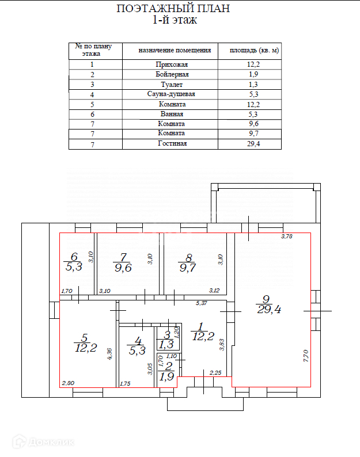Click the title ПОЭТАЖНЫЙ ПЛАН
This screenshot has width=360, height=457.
coord(173,9)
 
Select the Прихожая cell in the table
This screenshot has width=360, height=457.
coord(172,64)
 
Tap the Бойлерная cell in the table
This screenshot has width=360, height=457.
coord(172,74)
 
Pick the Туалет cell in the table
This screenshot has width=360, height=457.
coord(172,84)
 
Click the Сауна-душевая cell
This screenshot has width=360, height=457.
coord(172,94)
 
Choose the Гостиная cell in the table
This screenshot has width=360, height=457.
coord(172,143)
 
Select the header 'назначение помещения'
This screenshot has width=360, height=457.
coord(175,51)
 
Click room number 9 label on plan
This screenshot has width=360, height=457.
coord(266,299)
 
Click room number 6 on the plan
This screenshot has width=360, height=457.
coord(74,257)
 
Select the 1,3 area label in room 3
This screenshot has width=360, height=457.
coord(166,344)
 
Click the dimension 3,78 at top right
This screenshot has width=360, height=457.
coord(287,237)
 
